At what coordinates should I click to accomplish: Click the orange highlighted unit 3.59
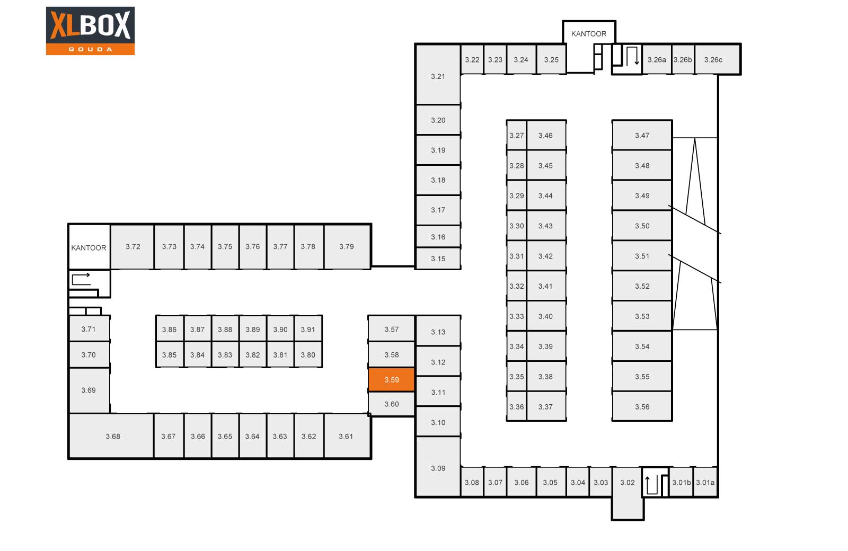(x=391, y=380)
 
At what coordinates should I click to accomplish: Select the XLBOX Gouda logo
(x=90, y=31)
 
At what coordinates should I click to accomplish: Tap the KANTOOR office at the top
(x=589, y=33)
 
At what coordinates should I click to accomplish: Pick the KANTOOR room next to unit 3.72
(x=89, y=247)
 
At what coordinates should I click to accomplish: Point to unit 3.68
(x=112, y=436)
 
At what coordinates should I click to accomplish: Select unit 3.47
(x=642, y=135)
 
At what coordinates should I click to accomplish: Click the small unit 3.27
(x=516, y=135)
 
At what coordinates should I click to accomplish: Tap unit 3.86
(x=169, y=329)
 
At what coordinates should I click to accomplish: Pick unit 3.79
(x=347, y=246)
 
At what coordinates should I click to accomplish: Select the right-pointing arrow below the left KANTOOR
(x=81, y=279)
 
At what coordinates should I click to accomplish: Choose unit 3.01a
(x=705, y=482)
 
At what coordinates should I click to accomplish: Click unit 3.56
(x=642, y=406)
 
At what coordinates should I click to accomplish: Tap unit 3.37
(x=546, y=406)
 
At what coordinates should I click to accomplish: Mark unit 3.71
(x=89, y=328)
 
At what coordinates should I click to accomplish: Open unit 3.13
(x=438, y=332)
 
